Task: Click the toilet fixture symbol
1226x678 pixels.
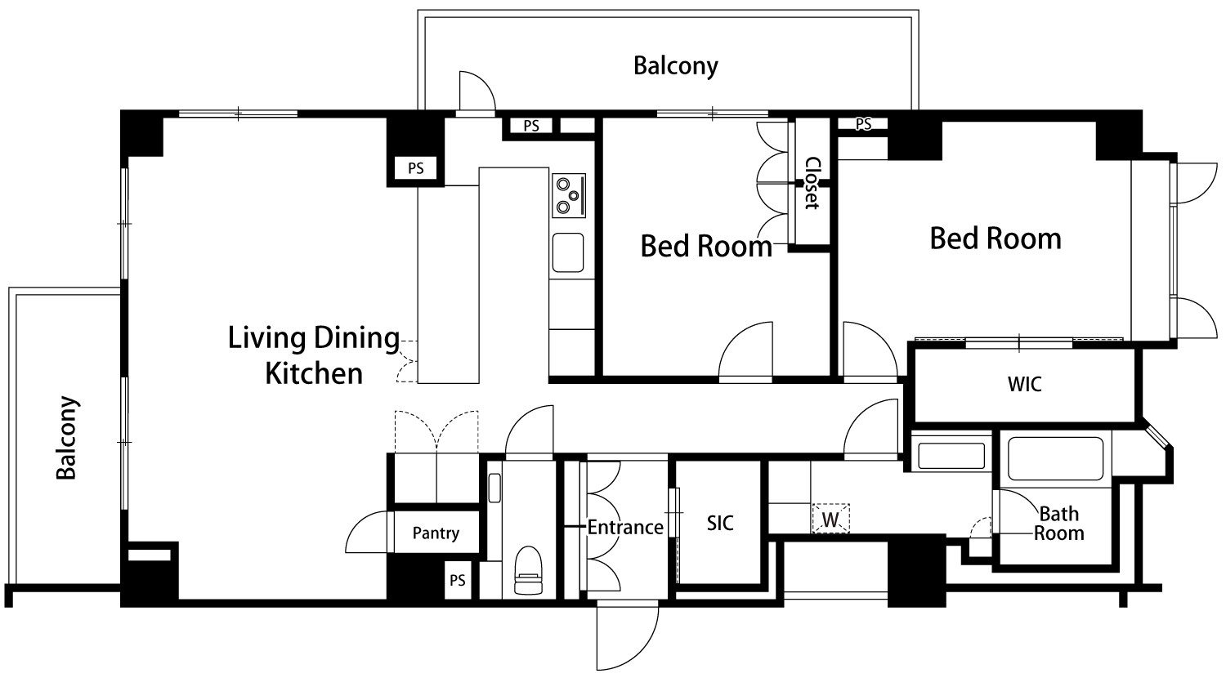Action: coord(528,569)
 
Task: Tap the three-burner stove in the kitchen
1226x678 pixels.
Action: coord(569,195)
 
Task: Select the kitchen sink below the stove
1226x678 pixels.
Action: coord(567,252)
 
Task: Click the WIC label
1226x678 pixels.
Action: coord(1025,384)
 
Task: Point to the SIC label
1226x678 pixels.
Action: coord(720,523)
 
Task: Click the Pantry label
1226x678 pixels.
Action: coord(436,533)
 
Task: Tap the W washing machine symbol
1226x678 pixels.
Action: coord(831,518)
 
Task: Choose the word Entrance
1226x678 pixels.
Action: coord(625,528)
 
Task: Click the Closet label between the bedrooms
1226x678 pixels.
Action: coord(811,183)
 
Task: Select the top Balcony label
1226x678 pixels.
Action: coord(676,66)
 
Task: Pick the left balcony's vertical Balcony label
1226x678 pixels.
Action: coord(67,438)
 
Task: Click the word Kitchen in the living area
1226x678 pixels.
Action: coord(314,374)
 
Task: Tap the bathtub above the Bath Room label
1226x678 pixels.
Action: coord(1055,458)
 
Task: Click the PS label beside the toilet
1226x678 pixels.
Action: coord(458,580)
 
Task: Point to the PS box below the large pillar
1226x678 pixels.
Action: coord(416,168)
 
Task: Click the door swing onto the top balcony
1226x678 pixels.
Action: coord(477,91)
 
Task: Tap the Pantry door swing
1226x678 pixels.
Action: coord(365,532)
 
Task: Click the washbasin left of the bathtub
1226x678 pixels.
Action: coord(951,456)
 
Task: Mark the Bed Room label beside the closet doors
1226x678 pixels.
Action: coord(706,246)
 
